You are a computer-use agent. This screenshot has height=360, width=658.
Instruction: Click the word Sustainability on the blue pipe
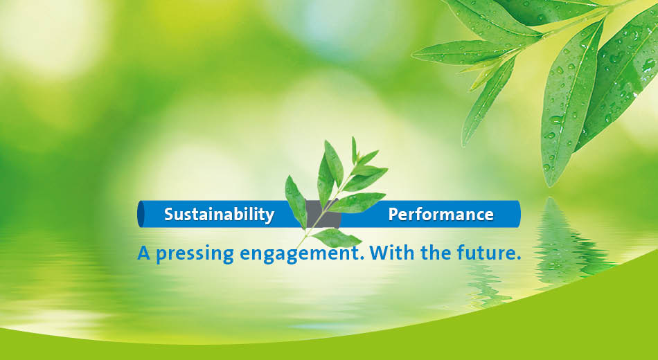219,215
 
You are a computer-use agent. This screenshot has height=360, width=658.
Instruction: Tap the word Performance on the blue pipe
441,215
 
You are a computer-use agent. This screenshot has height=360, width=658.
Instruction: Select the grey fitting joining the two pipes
323,214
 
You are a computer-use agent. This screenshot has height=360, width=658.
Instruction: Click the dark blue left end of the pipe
141,214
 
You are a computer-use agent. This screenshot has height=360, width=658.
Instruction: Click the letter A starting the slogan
144,253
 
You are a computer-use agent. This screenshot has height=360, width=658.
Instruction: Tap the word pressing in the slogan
195,255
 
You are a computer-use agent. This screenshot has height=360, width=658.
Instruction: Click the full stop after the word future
518,258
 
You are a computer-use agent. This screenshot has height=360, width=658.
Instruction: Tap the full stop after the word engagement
362,258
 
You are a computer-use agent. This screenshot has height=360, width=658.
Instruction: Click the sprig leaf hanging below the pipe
336,238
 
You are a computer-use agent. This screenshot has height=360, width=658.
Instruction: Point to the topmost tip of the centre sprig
353,137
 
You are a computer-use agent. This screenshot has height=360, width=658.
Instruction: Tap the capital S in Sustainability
169,215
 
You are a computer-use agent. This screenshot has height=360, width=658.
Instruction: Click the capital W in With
380,253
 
